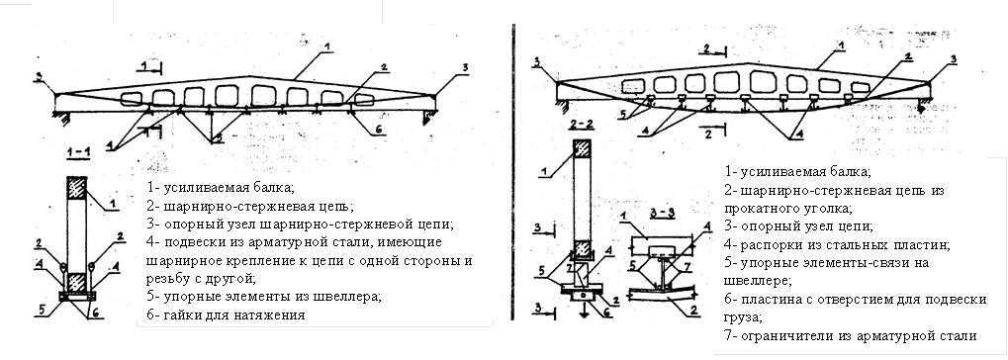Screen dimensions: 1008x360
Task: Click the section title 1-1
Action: pyautogui.click(x=78, y=152)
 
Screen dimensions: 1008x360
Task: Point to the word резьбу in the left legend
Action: pyautogui.click(x=168, y=279)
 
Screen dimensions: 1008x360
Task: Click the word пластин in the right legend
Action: pyautogui.click(x=917, y=245)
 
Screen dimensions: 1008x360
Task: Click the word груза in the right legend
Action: pyautogui.click(x=743, y=317)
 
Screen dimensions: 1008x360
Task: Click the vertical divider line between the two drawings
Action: pyautogui.click(x=513, y=172)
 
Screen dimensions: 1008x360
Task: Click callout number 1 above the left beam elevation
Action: pyautogui.click(x=327, y=46)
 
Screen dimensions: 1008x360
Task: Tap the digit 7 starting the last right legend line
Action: pyautogui.click(x=728, y=335)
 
